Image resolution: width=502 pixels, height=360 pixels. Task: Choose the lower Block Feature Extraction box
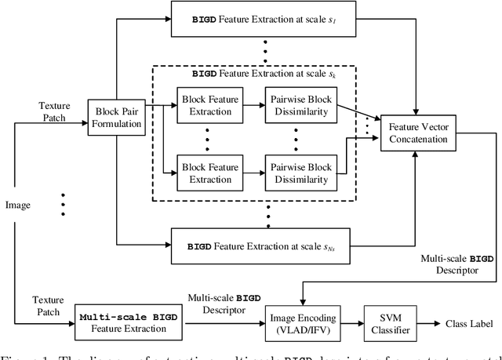pyautogui.click(x=208, y=171)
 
